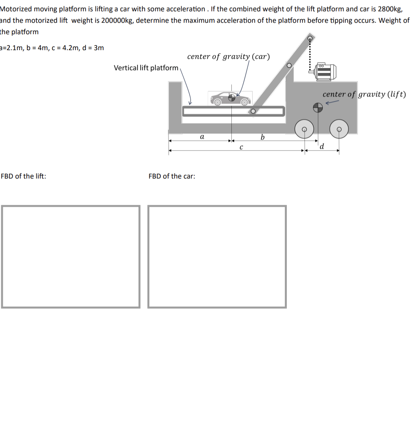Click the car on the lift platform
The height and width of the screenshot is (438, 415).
230,98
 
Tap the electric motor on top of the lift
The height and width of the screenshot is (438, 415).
325,72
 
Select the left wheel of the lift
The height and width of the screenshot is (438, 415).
304,129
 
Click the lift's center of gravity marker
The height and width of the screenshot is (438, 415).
317,107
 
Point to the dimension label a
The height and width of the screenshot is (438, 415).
202,137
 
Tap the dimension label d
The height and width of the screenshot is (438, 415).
322,146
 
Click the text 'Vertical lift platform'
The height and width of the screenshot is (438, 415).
146,68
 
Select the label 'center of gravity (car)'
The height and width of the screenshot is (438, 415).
229,57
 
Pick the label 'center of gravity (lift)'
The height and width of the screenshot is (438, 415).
364,94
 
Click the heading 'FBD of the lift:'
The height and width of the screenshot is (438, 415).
23,176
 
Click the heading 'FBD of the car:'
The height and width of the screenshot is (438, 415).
172,176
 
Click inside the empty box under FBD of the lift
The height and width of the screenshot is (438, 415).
71,257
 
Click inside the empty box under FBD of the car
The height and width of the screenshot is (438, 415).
217,257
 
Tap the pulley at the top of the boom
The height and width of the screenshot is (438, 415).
310,39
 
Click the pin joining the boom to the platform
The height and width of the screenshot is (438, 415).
253,111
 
